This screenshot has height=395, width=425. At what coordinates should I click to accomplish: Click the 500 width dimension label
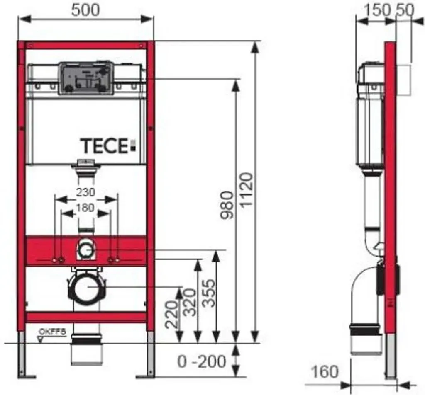click(85, 10)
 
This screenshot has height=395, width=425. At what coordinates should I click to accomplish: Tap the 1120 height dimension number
click(247, 190)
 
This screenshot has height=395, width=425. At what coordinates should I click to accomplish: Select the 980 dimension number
click(227, 205)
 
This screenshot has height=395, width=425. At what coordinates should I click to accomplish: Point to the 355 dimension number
click(209, 293)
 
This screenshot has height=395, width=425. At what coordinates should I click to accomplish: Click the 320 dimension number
click(189, 303)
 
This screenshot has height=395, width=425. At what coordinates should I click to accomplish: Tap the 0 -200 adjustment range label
click(202, 361)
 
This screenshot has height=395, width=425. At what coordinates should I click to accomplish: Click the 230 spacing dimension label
click(85, 192)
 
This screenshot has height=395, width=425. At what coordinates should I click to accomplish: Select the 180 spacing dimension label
click(85, 208)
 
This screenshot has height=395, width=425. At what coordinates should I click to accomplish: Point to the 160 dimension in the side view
click(325, 372)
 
